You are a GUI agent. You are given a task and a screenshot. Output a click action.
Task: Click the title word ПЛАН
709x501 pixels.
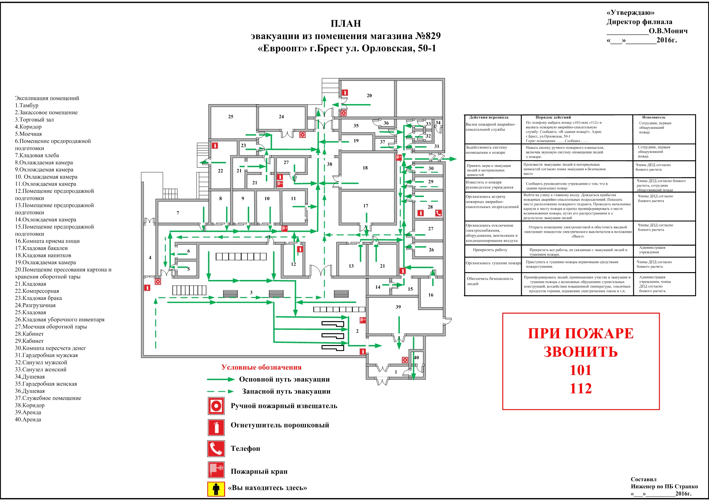point(345,24)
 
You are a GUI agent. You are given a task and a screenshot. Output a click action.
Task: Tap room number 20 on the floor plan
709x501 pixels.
point(369,95)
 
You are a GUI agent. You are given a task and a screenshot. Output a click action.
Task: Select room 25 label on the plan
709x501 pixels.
point(231,116)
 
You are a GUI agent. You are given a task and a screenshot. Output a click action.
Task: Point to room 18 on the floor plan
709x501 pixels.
point(365,168)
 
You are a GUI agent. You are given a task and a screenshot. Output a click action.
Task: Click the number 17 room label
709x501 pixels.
point(366,206)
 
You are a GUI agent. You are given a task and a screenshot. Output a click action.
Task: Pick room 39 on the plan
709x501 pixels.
point(398,307)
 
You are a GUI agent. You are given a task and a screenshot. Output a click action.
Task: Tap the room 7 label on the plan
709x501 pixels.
point(178,213)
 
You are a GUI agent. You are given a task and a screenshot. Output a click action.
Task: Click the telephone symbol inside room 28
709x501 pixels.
point(438,213)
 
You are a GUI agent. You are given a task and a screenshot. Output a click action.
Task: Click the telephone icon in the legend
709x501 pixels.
point(216,449)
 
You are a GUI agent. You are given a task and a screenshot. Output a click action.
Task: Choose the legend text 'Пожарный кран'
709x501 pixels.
point(259,471)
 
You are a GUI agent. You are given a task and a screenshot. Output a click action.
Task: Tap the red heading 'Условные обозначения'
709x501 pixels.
point(261,367)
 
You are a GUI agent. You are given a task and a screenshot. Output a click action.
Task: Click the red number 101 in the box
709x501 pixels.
point(580,370)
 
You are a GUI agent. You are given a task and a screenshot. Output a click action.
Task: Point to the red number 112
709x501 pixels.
point(580,388)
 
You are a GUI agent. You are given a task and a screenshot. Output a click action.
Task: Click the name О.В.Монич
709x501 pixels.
point(668,31)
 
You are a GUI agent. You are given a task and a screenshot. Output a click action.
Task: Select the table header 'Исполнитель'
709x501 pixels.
point(654,117)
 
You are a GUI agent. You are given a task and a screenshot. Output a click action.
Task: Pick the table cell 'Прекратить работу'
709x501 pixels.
point(490,250)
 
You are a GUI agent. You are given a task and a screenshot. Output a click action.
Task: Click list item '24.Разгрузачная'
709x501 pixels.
point(35,305)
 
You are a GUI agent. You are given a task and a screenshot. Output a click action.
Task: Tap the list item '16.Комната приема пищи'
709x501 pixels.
point(47,241)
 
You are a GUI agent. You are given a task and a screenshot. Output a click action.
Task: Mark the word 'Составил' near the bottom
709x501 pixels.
point(644,479)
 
